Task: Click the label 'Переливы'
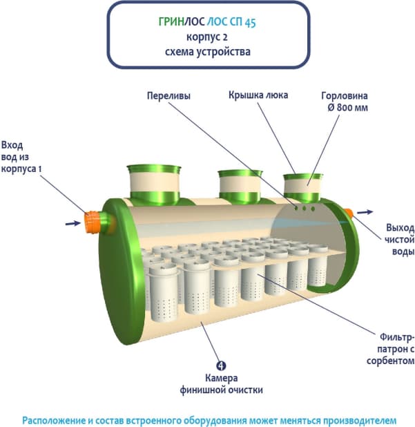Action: coord(168,95)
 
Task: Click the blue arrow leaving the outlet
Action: coord(367,212)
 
